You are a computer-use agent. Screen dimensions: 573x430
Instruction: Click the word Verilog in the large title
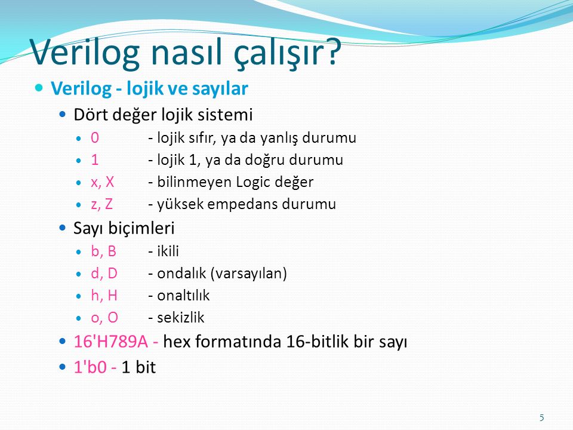coord(85,52)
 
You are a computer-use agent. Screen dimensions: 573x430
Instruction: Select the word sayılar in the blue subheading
coord(220,89)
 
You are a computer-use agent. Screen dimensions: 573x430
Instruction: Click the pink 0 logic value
coord(95,137)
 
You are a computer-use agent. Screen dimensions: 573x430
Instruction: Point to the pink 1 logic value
coord(95,160)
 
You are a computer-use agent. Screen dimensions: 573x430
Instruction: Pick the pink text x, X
coord(102,182)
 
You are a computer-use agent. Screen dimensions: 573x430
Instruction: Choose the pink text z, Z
coord(101,204)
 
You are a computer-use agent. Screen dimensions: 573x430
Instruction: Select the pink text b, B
coord(103,251)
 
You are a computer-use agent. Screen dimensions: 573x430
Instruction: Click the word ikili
coord(168,251)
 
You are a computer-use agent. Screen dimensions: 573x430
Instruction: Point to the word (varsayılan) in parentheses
coord(248,274)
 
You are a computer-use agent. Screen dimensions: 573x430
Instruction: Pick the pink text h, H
coord(104,296)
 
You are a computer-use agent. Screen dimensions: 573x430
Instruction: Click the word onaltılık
coord(183,296)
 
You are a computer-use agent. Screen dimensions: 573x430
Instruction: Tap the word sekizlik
coord(180,317)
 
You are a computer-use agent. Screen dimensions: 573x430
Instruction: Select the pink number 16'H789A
coord(111,342)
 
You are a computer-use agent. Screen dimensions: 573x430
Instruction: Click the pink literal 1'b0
coord(90,367)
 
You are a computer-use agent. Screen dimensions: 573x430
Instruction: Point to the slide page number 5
coord(541,417)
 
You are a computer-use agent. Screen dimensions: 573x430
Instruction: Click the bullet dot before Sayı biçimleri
coord(63,228)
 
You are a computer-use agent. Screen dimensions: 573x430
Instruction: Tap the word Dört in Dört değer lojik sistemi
coord(90,115)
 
